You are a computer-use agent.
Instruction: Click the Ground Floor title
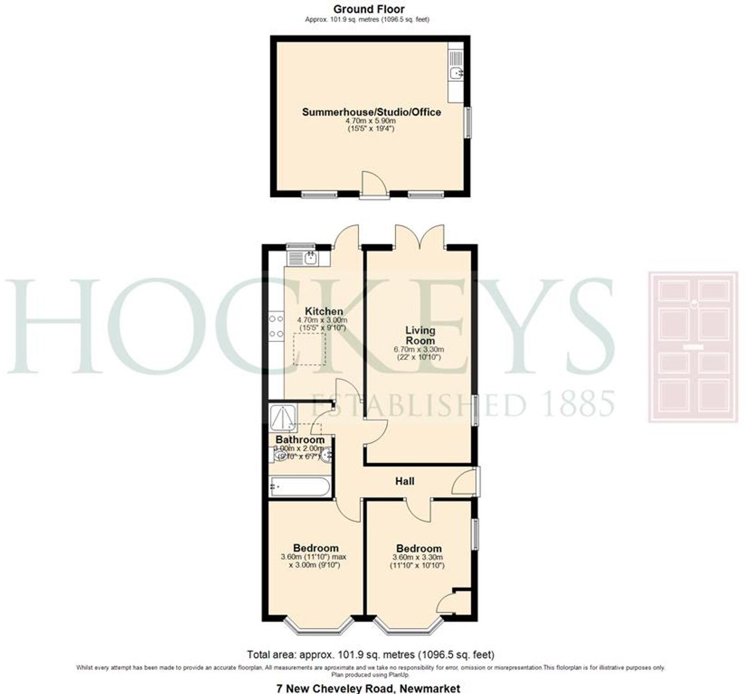[x=369, y=9]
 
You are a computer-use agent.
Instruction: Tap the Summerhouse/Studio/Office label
[x=371, y=112]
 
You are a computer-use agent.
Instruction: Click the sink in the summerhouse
[x=456, y=73]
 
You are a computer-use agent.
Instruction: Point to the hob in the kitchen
[x=276, y=326]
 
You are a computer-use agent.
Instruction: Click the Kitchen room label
[x=324, y=311]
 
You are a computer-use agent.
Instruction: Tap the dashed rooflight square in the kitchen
[x=310, y=348]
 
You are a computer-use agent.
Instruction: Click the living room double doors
[x=420, y=237]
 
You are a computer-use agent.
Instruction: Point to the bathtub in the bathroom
[x=299, y=488]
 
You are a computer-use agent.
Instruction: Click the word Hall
[x=405, y=481]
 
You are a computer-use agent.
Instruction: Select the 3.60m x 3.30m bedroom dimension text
[x=418, y=558]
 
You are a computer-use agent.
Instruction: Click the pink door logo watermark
[x=693, y=347]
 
